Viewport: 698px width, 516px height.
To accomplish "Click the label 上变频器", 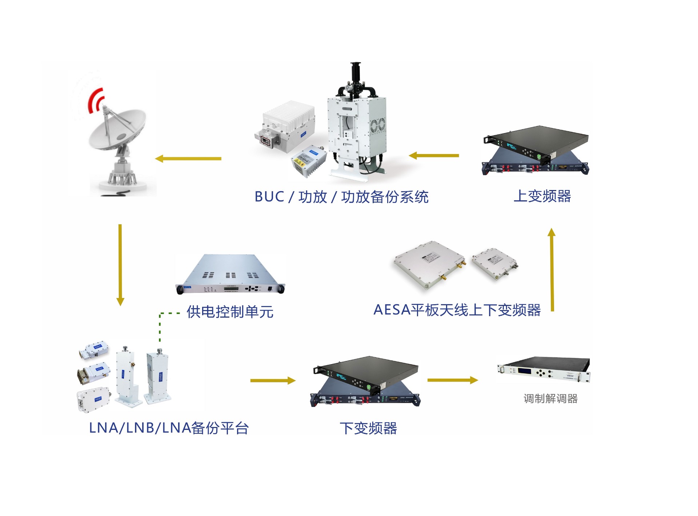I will (x=542, y=196).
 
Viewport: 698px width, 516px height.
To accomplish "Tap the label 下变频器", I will (x=368, y=428).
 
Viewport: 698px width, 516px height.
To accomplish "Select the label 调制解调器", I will (x=550, y=399).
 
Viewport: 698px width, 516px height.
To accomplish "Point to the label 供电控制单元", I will (x=230, y=312).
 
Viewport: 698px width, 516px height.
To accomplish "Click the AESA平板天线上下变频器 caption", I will (x=457, y=310).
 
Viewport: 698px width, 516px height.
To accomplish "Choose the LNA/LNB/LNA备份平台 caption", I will (x=169, y=428).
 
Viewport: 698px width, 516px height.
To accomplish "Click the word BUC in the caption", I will (x=269, y=197).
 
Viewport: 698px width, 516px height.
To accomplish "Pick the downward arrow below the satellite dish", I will (x=120, y=265).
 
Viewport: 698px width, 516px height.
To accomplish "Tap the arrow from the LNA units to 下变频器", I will (x=273, y=380).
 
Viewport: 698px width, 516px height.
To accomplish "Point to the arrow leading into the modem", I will (x=452, y=380).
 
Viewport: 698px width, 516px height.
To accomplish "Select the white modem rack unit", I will (x=543, y=370).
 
